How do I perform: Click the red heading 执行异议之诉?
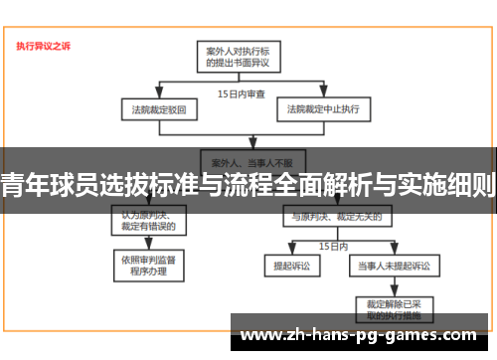(x=43, y=46)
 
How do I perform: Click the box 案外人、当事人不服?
(x=240, y=158)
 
